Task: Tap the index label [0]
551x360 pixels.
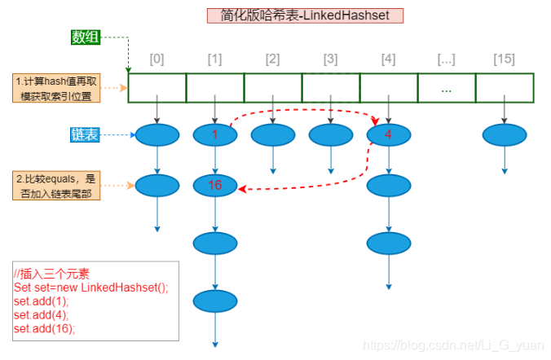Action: [157, 59]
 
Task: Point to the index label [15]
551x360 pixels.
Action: [504, 59]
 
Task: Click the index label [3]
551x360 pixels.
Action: [330, 59]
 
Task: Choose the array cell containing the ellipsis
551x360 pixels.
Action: [446, 88]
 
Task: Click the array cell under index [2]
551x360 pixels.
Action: [273, 88]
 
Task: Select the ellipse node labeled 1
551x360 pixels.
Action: [215, 135]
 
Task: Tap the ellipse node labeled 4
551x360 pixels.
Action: [388, 135]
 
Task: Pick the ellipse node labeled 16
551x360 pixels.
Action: [215, 186]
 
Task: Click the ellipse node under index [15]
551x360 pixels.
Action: [504, 135]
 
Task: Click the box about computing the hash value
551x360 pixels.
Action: [57, 88]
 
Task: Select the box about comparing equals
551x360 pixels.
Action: [57, 186]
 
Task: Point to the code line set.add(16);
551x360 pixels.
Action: [44, 328]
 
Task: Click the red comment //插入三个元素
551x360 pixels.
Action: [51, 274]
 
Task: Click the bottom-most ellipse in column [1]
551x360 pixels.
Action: [215, 302]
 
